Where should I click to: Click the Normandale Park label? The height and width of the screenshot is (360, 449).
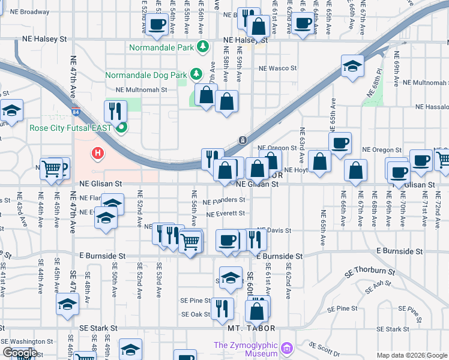[163, 46]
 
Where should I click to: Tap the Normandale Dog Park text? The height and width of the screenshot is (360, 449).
[146, 75]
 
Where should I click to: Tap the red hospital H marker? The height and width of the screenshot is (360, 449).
[98, 154]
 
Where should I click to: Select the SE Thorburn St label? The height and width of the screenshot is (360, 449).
[370, 272]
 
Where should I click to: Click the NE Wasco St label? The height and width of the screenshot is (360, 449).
[277, 68]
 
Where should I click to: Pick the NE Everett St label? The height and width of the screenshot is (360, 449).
[225, 213]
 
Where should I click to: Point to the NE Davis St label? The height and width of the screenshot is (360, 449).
[274, 230]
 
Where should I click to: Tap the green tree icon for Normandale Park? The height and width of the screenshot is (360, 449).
[203, 46]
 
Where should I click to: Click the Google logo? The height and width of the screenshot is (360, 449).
[20, 353]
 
